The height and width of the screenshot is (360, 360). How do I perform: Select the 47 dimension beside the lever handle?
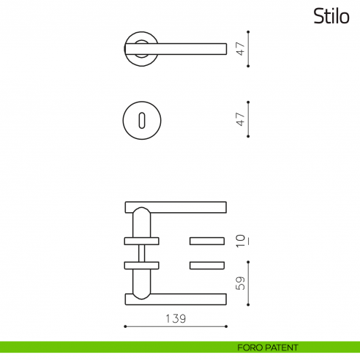click(239, 49)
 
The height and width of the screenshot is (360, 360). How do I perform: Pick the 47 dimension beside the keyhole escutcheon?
click(239, 119)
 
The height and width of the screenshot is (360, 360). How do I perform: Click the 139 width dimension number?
click(175, 318)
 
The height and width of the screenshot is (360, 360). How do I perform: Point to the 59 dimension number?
click(239, 282)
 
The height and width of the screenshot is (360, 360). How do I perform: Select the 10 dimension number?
click(239, 241)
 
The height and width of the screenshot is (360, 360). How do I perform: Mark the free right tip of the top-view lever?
click(222, 48)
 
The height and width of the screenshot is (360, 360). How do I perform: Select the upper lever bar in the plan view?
click(176, 206)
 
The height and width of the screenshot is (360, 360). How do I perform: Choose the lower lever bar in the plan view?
click(176, 297)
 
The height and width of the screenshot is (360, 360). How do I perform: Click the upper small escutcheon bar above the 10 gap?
click(208, 240)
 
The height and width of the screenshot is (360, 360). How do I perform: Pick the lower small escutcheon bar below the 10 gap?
click(208, 264)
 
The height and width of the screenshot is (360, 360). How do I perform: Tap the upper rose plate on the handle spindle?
click(141, 240)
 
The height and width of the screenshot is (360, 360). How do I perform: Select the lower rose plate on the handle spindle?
click(141, 264)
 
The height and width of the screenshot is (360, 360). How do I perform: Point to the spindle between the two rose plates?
click(141, 252)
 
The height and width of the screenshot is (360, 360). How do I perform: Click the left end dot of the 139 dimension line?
click(126, 329)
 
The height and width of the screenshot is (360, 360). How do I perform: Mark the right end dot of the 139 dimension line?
click(226, 329)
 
